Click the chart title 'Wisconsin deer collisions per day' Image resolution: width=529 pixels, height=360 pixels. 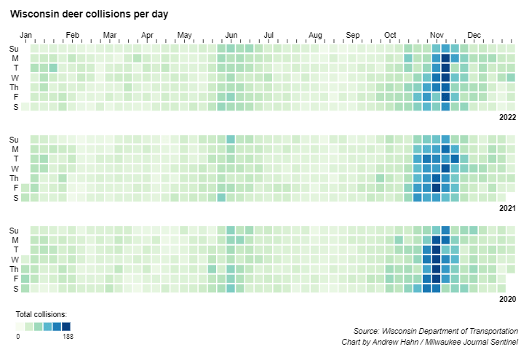pyautogui.click(x=90, y=14)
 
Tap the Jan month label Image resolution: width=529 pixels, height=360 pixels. pyautogui.click(x=26, y=35)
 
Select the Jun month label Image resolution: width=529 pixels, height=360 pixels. pyautogui.click(x=232, y=35)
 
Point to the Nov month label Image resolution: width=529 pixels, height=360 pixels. pyautogui.click(x=437, y=35)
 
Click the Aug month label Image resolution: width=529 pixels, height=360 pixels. pyautogui.click(x=315, y=35)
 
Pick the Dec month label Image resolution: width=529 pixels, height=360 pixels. pyautogui.click(x=474, y=35)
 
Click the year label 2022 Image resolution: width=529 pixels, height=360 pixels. pyautogui.click(x=507, y=117)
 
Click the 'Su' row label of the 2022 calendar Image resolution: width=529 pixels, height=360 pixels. pyautogui.click(x=14, y=49)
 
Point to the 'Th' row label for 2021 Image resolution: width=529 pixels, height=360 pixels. pyautogui.click(x=14, y=178)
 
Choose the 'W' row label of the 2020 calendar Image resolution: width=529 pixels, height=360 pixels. pyautogui.click(x=14, y=260)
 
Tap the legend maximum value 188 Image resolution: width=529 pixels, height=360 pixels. pyautogui.click(x=68, y=337)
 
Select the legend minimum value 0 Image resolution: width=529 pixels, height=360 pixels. pyautogui.click(x=18, y=337)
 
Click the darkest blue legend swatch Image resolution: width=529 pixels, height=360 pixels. pyautogui.click(x=66, y=327)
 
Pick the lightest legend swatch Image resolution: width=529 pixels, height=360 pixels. pyautogui.click(x=20, y=327)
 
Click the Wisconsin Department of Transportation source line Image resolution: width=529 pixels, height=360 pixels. pyautogui.click(x=435, y=331)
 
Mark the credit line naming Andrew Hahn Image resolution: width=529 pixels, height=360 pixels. pyautogui.click(x=429, y=342)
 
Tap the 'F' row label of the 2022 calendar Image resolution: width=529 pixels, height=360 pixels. pyautogui.click(x=14, y=96)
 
